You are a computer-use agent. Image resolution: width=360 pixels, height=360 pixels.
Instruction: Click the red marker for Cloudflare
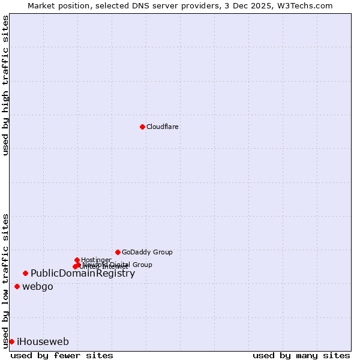pos(142,127)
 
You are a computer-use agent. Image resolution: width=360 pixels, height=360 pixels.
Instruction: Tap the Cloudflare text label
pos(163,127)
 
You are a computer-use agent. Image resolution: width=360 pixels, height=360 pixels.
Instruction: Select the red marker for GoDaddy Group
pos(118,252)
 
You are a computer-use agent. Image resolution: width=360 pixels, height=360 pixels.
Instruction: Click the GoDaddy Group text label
pos(147,253)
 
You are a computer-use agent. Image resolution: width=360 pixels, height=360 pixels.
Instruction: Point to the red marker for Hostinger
pos(77,260)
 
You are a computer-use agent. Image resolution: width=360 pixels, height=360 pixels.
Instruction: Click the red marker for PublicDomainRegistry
pos(25,274)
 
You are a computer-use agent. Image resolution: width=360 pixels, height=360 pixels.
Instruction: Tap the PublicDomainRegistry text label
pos(83,274)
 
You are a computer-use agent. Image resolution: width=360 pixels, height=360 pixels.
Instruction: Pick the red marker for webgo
pos(17,287)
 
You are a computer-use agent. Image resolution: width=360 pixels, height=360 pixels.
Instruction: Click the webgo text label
pos(38,287)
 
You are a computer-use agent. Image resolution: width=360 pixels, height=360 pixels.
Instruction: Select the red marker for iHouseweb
pos(11,342)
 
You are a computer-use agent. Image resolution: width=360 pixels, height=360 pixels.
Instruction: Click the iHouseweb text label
pos(43,342)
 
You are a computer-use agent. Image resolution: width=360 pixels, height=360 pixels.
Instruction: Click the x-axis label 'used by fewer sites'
pos(62,356)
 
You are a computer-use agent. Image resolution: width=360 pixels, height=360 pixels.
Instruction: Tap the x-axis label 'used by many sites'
pos(301,356)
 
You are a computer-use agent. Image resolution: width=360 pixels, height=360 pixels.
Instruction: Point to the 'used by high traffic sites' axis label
pos(5,85)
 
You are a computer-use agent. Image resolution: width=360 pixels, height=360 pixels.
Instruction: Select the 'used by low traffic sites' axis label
pos(5,281)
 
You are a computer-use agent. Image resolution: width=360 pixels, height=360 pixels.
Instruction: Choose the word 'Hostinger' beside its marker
pos(96,260)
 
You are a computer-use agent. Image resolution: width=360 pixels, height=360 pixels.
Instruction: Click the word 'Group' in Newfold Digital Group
pos(142,265)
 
